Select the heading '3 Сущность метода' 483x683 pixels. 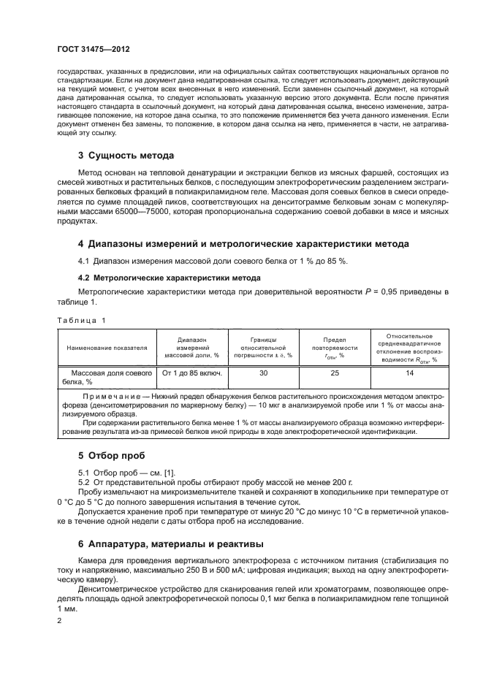point(126,156)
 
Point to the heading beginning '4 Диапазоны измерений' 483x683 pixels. point(243,243)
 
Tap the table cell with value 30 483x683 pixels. point(263,373)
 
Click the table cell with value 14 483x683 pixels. point(409,373)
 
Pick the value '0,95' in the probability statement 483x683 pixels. point(414,291)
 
